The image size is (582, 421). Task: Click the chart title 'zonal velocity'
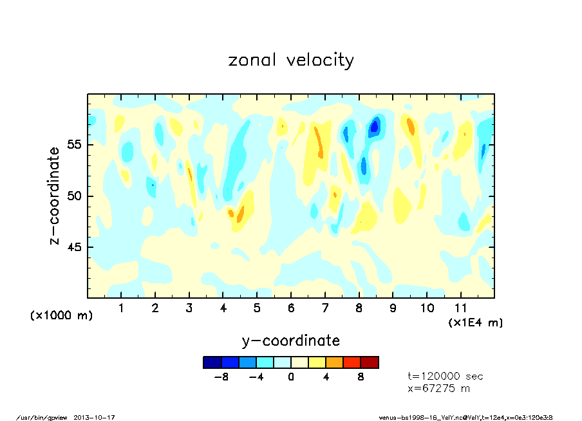291,60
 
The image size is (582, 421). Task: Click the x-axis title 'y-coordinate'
291,341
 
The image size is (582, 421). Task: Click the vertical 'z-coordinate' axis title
55,196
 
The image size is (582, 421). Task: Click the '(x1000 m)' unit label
62,315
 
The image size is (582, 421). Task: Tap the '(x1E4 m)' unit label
475,322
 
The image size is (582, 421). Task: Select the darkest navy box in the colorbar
212,362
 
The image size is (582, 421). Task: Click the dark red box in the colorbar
370,362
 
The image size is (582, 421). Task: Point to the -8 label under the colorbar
221,377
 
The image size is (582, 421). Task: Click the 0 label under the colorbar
291,377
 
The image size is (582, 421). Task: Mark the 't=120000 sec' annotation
446,377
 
